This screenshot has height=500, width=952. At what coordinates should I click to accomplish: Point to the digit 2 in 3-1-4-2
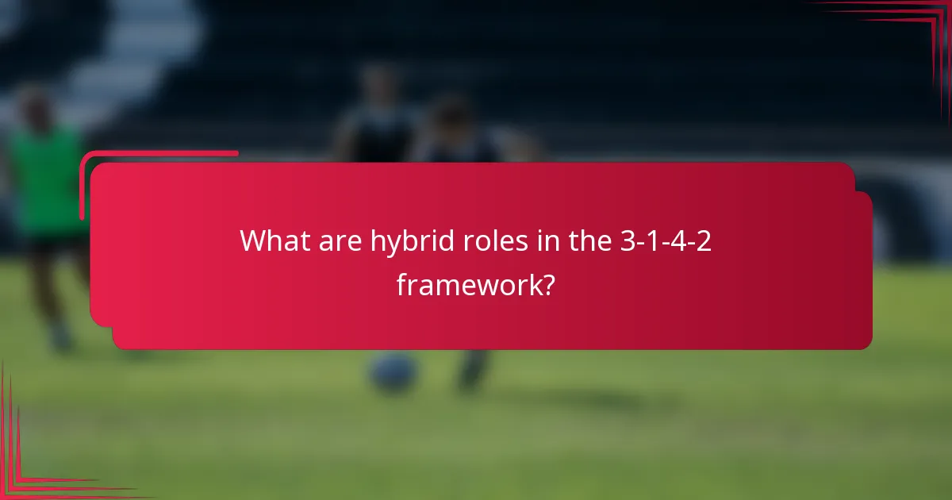click(x=703, y=240)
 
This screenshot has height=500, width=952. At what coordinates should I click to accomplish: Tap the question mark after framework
click(x=547, y=283)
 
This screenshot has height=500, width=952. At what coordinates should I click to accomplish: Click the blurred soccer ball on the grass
click(x=393, y=372)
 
